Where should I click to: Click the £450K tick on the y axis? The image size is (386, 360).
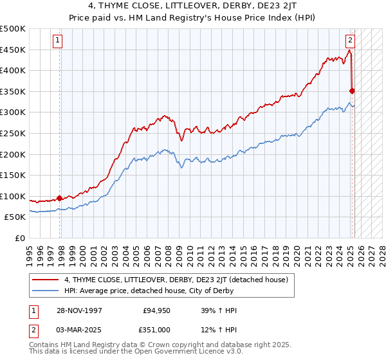tap(13, 50)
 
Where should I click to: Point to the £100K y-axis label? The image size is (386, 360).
tap(13, 196)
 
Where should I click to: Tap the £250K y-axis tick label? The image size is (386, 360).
tap(13, 133)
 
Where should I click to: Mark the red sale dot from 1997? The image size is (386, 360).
tap(60, 199)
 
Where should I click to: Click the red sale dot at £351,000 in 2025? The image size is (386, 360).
tap(353, 91)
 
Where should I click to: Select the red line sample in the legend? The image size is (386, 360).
tap(46, 280)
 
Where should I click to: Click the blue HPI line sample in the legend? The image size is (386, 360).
tap(46, 291)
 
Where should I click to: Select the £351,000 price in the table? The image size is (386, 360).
tap(155, 330)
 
